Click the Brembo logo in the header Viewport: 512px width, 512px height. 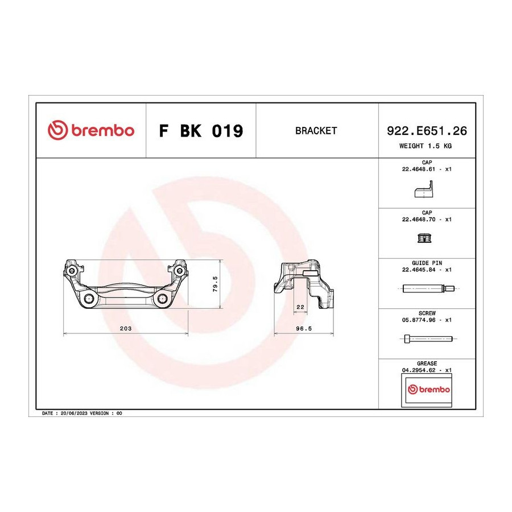[91, 130]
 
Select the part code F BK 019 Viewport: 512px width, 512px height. [201, 131]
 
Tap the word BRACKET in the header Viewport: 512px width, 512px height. [316, 131]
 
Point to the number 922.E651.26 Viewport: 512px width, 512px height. [427, 131]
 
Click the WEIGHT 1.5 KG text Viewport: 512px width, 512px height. [426, 146]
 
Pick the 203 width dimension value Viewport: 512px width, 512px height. [126, 328]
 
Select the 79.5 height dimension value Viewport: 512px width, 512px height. [215, 283]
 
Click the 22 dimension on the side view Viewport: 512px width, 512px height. [300, 307]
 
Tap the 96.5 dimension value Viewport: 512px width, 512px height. [304, 328]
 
